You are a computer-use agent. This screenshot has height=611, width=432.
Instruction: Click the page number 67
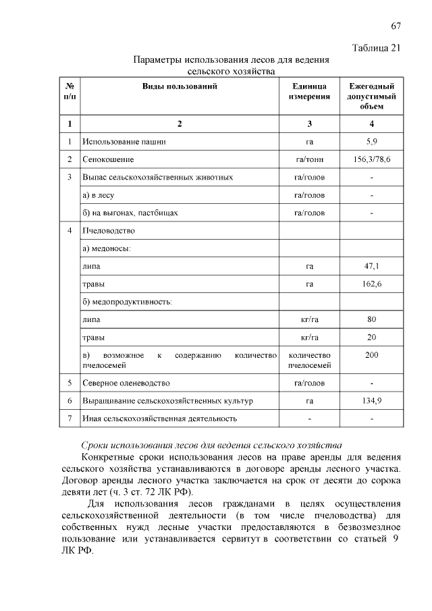pyautogui.click(x=396, y=26)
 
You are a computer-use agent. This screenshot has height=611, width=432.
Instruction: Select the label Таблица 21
pyautogui.click(x=377, y=47)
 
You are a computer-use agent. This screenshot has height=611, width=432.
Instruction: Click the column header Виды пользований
pyautogui.click(x=180, y=86)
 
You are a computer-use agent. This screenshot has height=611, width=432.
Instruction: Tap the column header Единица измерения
pyautogui.click(x=309, y=92)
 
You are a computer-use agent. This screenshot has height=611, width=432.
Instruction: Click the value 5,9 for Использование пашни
pyautogui.click(x=371, y=142)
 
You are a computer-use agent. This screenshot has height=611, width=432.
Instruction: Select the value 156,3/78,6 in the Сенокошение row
pyautogui.click(x=371, y=160)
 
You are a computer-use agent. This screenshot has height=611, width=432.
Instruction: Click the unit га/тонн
pyautogui.click(x=309, y=160)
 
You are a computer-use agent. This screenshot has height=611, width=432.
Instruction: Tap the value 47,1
pyautogui.click(x=371, y=266)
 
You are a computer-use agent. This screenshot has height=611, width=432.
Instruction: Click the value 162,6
pyautogui.click(x=371, y=284)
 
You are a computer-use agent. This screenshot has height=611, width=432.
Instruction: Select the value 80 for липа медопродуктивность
pyautogui.click(x=371, y=319)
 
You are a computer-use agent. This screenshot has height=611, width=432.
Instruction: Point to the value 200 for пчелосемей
pyautogui.click(x=371, y=354)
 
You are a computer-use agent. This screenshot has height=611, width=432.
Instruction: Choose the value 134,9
pyautogui.click(x=371, y=400)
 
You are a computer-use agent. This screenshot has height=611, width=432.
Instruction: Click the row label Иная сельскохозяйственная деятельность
pyautogui.click(x=159, y=419)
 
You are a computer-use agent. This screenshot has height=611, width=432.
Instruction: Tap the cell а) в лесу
pyautogui.click(x=100, y=195)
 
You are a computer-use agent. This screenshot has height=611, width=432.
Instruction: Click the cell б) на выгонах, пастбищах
pyautogui.click(x=130, y=213)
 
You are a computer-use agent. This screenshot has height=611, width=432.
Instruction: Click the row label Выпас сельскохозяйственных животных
pyautogui.click(x=157, y=178)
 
